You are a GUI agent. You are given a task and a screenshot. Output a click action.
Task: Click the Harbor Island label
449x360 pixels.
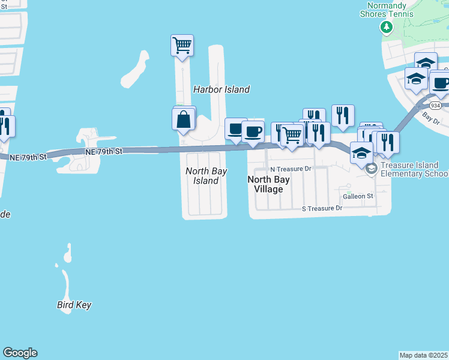click(221, 89)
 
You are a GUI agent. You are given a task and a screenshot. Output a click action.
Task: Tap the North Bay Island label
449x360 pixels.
click(206, 176)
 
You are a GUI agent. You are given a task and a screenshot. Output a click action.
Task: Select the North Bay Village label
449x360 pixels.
click(269, 184)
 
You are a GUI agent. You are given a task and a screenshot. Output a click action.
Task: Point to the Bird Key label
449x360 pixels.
click(74, 305)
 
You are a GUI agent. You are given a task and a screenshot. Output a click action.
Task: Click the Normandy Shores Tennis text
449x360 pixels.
click(387, 10)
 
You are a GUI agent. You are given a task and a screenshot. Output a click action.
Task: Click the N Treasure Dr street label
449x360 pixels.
click(291, 169)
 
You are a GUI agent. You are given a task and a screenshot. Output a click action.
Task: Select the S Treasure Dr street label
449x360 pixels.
click(321, 208)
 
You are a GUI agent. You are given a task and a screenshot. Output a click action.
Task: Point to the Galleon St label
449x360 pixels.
click(358, 196)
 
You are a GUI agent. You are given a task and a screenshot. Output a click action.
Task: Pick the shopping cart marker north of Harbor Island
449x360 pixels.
click(182, 45)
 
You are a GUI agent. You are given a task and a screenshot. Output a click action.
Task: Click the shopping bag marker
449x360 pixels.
click(184, 119)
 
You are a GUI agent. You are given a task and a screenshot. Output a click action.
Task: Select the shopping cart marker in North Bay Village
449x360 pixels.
click(292, 135)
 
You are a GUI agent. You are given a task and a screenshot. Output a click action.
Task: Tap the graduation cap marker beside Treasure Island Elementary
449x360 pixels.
click(362, 152)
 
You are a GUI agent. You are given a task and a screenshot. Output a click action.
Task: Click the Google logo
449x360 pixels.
click(20, 353)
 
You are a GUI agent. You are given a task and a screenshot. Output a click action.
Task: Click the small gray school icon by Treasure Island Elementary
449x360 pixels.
click(371, 169)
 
